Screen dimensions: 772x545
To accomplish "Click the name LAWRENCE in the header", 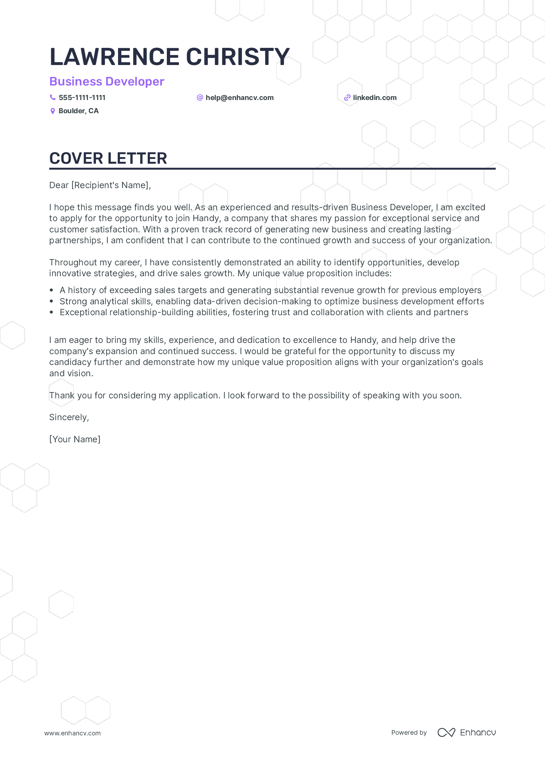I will [114, 56].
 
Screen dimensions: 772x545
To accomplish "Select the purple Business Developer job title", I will [106, 82].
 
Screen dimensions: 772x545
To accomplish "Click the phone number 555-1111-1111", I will [82, 97].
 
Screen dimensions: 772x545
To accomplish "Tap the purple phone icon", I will [53, 97].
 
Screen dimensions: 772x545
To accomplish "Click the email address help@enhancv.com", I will [239, 97].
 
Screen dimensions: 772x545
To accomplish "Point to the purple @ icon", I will [200, 97].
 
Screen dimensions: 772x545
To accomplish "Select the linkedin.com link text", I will [375, 97].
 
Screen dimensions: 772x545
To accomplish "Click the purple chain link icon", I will [347, 98].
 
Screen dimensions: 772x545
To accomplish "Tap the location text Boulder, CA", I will [78, 111].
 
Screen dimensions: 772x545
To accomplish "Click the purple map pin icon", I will [53, 111].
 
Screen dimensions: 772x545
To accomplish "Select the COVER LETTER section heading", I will [108, 158].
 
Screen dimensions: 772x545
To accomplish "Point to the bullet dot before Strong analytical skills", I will [51, 301].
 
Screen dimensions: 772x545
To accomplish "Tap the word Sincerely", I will [69, 417].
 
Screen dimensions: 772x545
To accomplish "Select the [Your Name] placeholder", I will [75, 439].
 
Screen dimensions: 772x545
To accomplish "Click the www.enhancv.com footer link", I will [73, 733].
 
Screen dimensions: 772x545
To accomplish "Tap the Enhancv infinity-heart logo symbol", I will [446, 732].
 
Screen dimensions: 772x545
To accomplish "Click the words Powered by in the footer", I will [409, 732].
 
